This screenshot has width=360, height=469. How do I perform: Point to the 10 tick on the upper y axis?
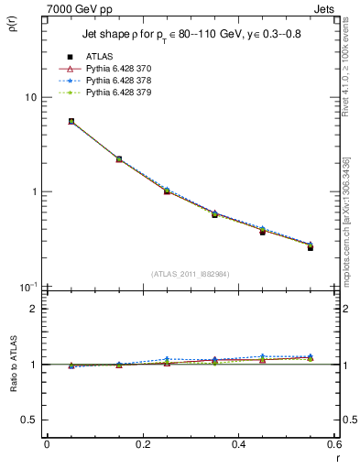point(30,97)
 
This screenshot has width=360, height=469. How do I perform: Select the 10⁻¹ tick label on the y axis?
point(27,287)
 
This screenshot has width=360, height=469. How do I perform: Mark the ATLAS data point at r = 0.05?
point(71,121)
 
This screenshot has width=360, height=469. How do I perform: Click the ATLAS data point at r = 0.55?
point(311,247)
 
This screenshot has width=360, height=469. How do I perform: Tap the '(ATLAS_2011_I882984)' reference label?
point(190,274)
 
